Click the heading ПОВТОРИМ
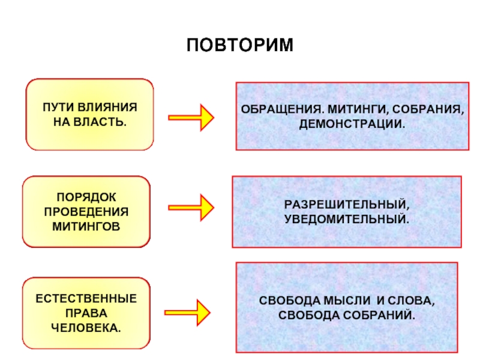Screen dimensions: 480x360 click(x=240, y=45)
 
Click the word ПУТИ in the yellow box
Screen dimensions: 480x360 click(x=58, y=107)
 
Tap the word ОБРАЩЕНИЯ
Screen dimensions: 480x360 click(x=282, y=109)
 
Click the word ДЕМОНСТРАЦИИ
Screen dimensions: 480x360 click(x=352, y=124)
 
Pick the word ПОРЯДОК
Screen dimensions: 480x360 click(x=86, y=197)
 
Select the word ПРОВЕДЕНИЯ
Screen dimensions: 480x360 click(x=86, y=212)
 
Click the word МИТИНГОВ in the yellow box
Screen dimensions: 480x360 click(x=86, y=227)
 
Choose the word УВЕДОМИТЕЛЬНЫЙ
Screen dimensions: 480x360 click(x=347, y=219)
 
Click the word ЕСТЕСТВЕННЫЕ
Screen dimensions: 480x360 click(x=86, y=299)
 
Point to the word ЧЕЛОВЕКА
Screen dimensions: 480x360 click(x=86, y=328)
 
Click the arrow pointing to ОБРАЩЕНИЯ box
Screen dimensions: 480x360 click(x=191, y=118)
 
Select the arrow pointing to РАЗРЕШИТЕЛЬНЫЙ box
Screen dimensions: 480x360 click(x=191, y=208)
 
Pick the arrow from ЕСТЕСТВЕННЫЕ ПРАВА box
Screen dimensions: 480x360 click(x=187, y=313)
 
